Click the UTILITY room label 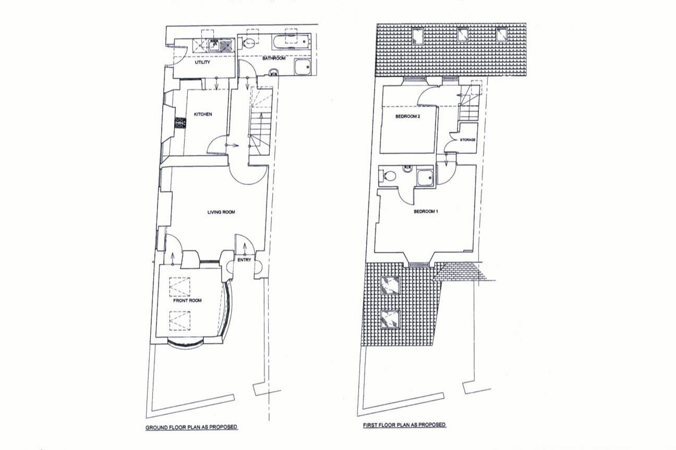coord(202,62)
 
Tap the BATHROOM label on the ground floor coord(274,58)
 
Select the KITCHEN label coord(203,114)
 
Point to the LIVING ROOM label coord(221,212)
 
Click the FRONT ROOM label coord(187,300)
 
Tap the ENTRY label coord(244,260)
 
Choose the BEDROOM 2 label coord(407,116)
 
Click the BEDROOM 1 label coord(426,211)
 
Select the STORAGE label coord(468,140)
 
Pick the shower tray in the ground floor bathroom coord(303,67)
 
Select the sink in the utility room coord(214,45)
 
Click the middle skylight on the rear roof coord(463,35)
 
